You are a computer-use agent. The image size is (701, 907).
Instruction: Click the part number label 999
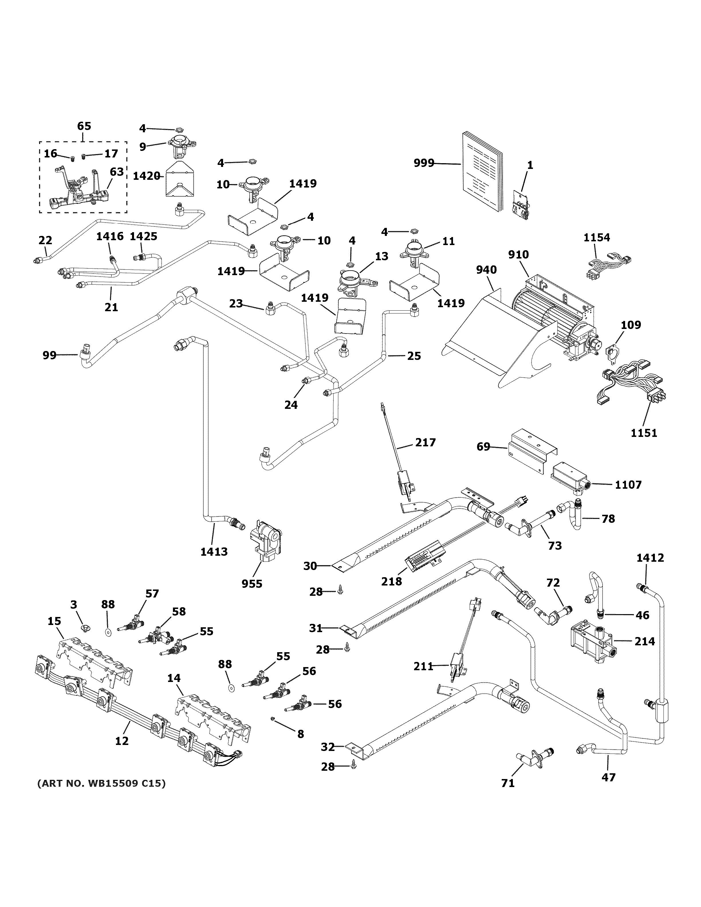[424, 163]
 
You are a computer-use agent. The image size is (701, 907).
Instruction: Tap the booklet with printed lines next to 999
[482, 170]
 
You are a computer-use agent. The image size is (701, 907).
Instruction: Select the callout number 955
[252, 583]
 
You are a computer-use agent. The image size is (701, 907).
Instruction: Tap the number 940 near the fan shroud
[486, 270]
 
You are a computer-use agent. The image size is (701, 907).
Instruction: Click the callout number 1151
[644, 433]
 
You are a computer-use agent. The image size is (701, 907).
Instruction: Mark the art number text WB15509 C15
[101, 784]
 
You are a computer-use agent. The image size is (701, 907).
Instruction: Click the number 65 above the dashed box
[84, 126]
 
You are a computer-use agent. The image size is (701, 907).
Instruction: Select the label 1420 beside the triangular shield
[146, 176]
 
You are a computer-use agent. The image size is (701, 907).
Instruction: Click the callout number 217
[425, 443]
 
